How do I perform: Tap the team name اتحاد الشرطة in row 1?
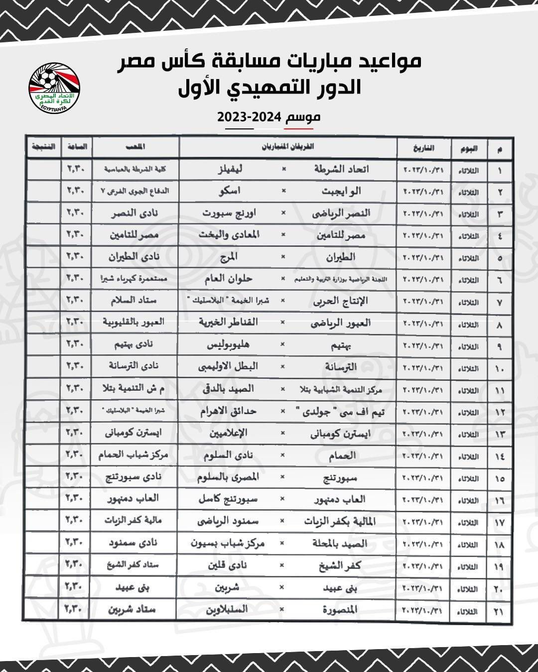coord(341,169)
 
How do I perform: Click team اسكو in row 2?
coord(229,191)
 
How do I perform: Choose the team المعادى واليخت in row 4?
coord(229,234)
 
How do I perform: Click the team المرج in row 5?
coord(229,257)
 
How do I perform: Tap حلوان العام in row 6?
coord(228,279)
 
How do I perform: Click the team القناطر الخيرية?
coord(228,322)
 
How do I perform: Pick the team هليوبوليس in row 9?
coord(228,344)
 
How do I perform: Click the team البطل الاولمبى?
coord(228,366)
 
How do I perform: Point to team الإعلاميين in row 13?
coord(228,433)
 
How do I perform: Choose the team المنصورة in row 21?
coord(340,609)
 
